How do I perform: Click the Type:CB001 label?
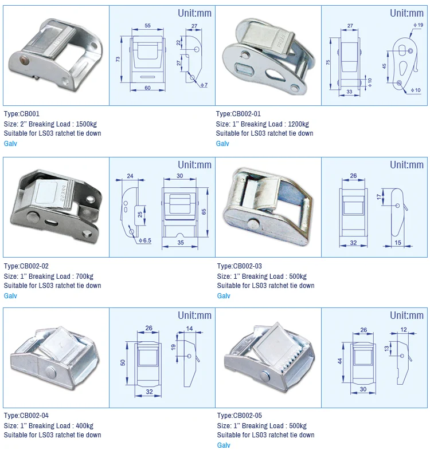pos(22,114)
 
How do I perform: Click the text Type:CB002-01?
pos(238,114)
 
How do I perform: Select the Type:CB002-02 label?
pos(26,266)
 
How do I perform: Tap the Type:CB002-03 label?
pos(240,266)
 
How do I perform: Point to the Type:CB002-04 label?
pos(26,416)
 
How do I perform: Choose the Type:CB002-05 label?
pos(240,416)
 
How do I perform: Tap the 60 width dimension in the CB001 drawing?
pos(147,88)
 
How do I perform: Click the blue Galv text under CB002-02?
pos(10,296)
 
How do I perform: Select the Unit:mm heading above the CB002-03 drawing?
pos(406,165)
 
